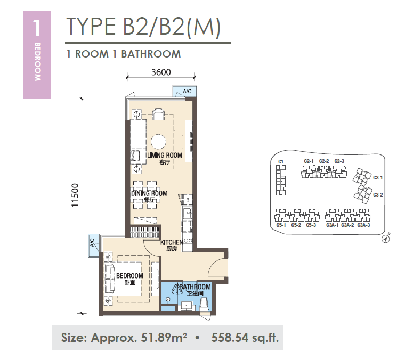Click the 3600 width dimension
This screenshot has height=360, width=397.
pyautogui.click(x=161, y=72)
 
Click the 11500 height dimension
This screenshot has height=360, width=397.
pyautogui.click(x=75, y=195)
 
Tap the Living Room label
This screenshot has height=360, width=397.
pyautogui.click(x=165, y=155)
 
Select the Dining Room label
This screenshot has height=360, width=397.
pyautogui.click(x=149, y=193)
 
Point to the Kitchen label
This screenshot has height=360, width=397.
pyautogui.click(x=172, y=242)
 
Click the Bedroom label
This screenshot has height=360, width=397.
pyautogui.click(x=129, y=275)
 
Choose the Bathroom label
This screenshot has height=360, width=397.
pyautogui.click(x=195, y=287)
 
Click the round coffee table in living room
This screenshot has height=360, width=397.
pyautogui.click(x=159, y=142)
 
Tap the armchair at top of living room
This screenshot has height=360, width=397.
pyautogui.click(x=158, y=114)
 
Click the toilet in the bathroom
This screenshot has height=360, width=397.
pyautogui.click(x=204, y=305)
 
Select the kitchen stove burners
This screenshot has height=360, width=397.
pyautogui.click(x=188, y=241)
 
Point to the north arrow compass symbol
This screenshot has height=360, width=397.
pyautogui.click(x=385, y=239)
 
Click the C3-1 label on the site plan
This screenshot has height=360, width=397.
pyautogui.click(x=378, y=177)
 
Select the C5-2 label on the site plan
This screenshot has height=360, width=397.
pyautogui.click(x=296, y=225)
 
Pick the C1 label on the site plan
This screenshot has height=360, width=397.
pyautogui.click(x=280, y=161)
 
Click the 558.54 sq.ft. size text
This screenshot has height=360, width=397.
pyautogui.click(x=245, y=337)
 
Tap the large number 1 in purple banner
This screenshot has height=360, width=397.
pyautogui.click(x=37, y=28)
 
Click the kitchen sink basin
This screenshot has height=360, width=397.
pyautogui.click(x=188, y=213)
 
